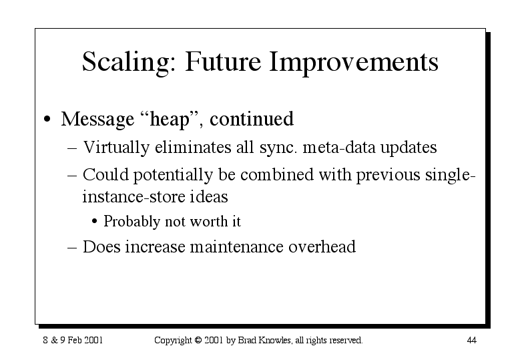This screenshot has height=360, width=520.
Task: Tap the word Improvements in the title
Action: [354, 63]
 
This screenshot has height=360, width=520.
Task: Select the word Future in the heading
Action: [223, 61]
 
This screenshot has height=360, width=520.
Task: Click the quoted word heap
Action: [170, 119]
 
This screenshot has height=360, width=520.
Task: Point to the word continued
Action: [252, 119]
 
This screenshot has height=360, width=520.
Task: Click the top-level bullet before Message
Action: [47, 120]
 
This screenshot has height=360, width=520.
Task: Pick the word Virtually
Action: [116, 148]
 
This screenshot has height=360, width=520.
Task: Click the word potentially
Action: [173, 175]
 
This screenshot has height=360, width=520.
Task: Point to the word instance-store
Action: [134, 196]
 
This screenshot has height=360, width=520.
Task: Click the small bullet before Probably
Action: [95, 221]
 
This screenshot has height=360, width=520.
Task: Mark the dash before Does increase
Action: [72, 248]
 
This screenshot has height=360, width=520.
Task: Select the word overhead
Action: [322, 246]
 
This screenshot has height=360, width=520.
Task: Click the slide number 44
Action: [471, 340]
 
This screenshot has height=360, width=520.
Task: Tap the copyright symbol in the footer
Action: [198, 340]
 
